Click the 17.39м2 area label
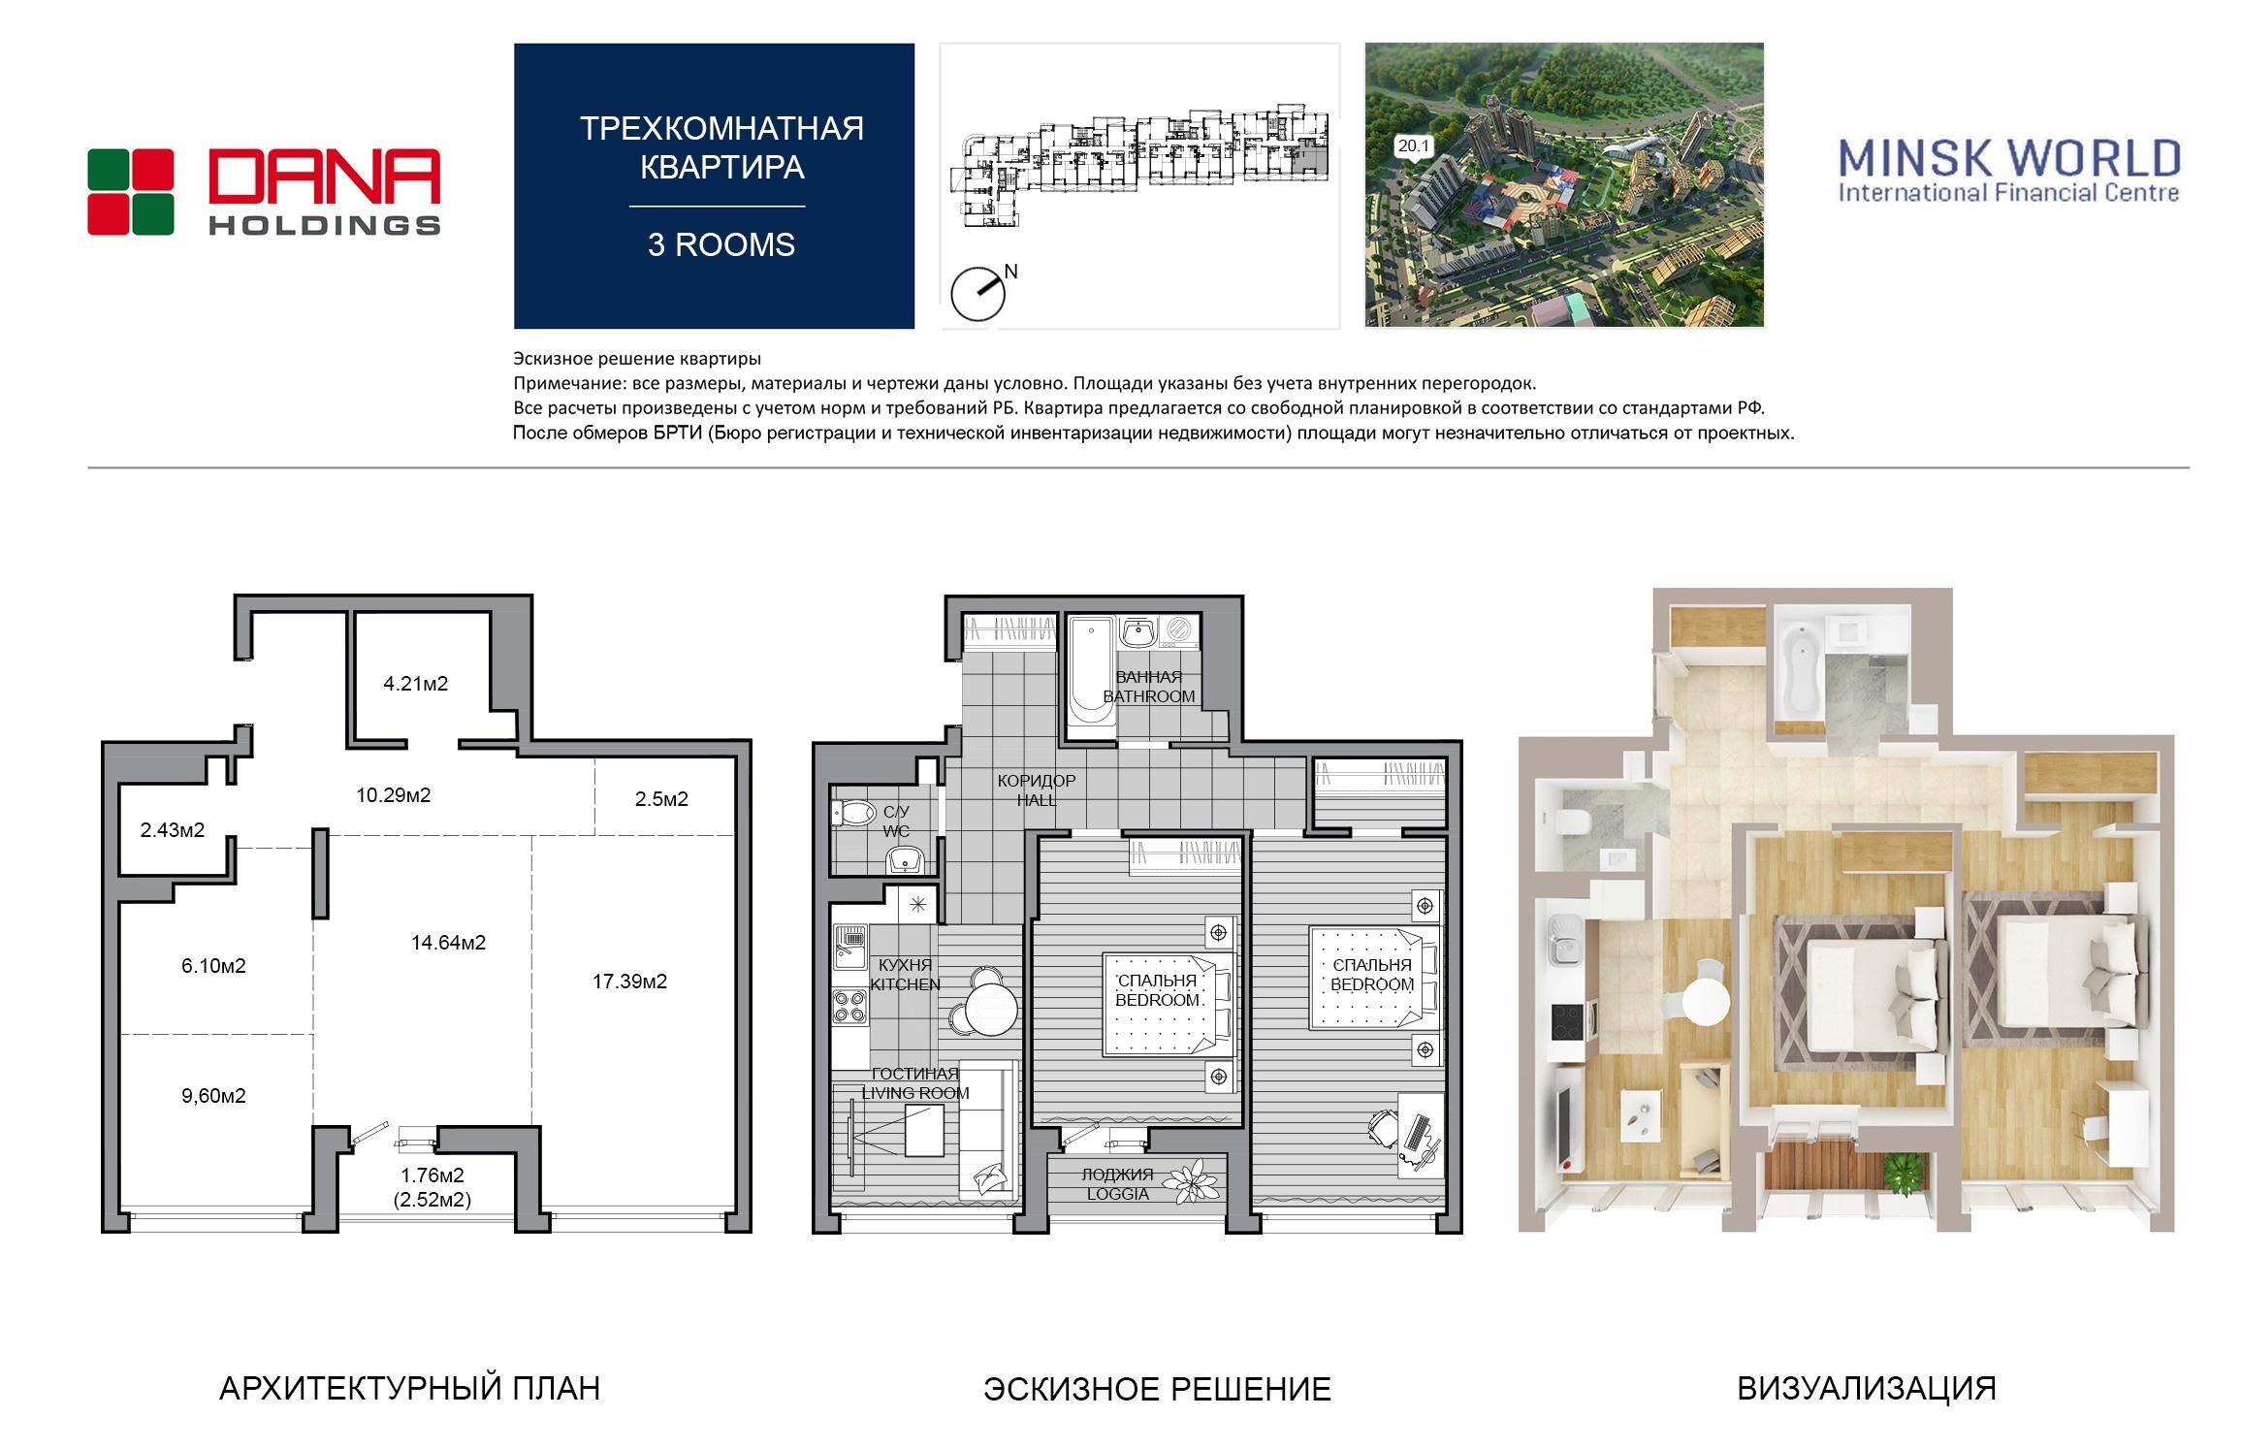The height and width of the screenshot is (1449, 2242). [629, 982]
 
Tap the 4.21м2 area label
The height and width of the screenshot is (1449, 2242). [416, 684]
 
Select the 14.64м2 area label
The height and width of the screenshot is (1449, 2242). [448, 942]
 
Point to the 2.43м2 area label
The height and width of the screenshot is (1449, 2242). [173, 830]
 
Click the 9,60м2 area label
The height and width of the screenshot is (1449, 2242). [213, 1096]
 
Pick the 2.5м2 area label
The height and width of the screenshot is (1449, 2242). [661, 799]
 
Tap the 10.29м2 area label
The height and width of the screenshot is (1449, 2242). [394, 795]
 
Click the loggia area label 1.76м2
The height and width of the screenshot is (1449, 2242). [432, 1175]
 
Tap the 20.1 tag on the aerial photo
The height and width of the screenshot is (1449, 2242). [1414, 146]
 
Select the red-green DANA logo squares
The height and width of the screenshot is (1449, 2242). [131, 192]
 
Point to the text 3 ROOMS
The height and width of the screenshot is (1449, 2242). [721, 244]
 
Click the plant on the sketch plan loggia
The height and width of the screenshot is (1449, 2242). [1192, 1182]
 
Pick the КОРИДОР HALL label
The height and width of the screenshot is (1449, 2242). [1037, 790]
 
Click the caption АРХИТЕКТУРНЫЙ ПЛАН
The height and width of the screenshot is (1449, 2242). [409, 1389]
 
